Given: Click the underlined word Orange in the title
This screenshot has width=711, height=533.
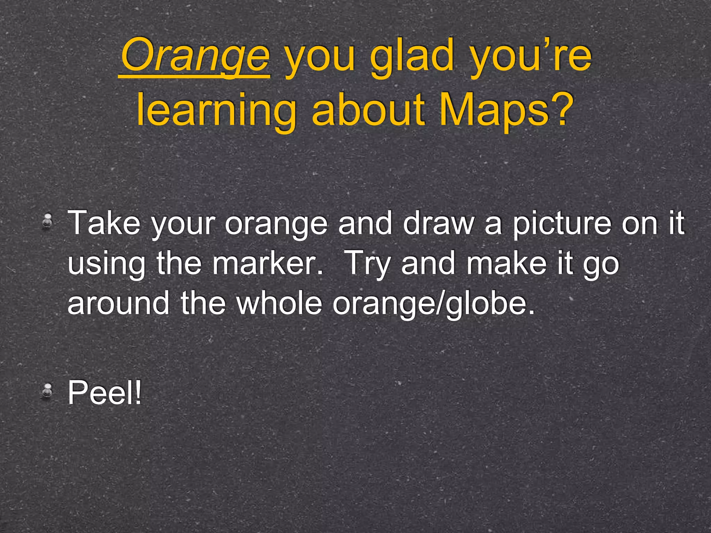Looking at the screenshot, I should coord(195,56).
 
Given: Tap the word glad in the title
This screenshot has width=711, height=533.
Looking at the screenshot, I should coord(412,56).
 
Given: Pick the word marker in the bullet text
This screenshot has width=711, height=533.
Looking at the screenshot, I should coord(267,263).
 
